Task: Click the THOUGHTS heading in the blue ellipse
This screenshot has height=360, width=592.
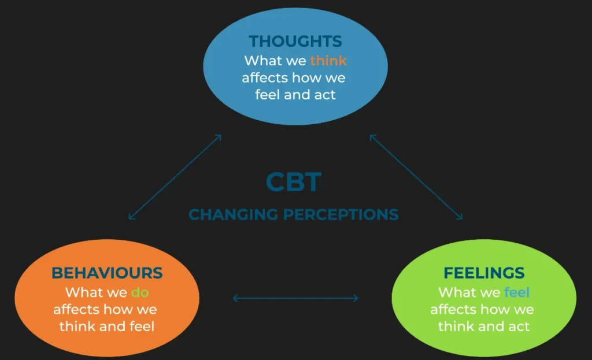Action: [295, 42]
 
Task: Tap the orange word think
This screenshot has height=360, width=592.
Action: [328, 60]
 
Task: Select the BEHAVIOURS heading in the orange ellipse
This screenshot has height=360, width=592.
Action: [107, 273]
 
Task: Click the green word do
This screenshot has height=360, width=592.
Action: [140, 292]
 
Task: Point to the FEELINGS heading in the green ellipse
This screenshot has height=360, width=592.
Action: [484, 273]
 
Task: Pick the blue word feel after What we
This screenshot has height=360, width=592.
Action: [517, 292]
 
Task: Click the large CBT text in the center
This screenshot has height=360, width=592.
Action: [294, 182]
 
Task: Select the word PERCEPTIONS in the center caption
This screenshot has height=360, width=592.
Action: [341, 214]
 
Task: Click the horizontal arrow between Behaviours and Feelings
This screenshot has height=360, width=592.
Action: [295, 298]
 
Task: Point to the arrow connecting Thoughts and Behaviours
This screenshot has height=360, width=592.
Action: [175, 177]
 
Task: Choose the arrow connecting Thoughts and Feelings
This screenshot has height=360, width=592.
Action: [416, 177]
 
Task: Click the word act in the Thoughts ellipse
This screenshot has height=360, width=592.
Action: [325, 95]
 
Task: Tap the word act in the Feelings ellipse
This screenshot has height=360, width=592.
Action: [519, 326]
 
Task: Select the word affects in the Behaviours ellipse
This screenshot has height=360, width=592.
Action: [76, 310]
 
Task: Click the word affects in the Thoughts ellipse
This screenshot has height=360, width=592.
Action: [264, 77]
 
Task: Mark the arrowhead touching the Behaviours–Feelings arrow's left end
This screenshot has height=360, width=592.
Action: [235, 298]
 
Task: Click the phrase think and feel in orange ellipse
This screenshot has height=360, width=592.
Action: [107, 326]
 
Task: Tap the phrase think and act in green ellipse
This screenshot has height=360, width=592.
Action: [483, 326]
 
